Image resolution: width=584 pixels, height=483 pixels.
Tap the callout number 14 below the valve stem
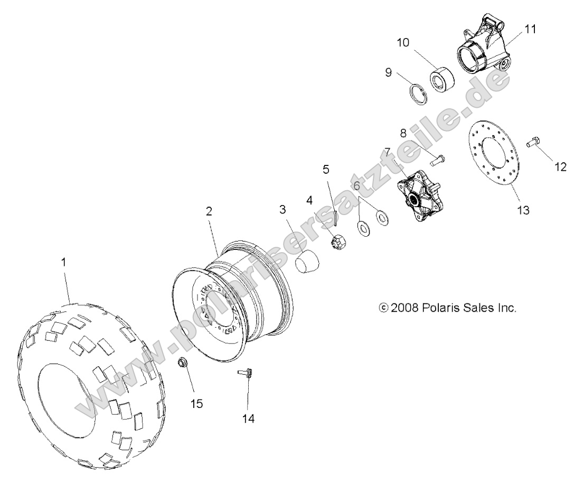coord(248,419)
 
